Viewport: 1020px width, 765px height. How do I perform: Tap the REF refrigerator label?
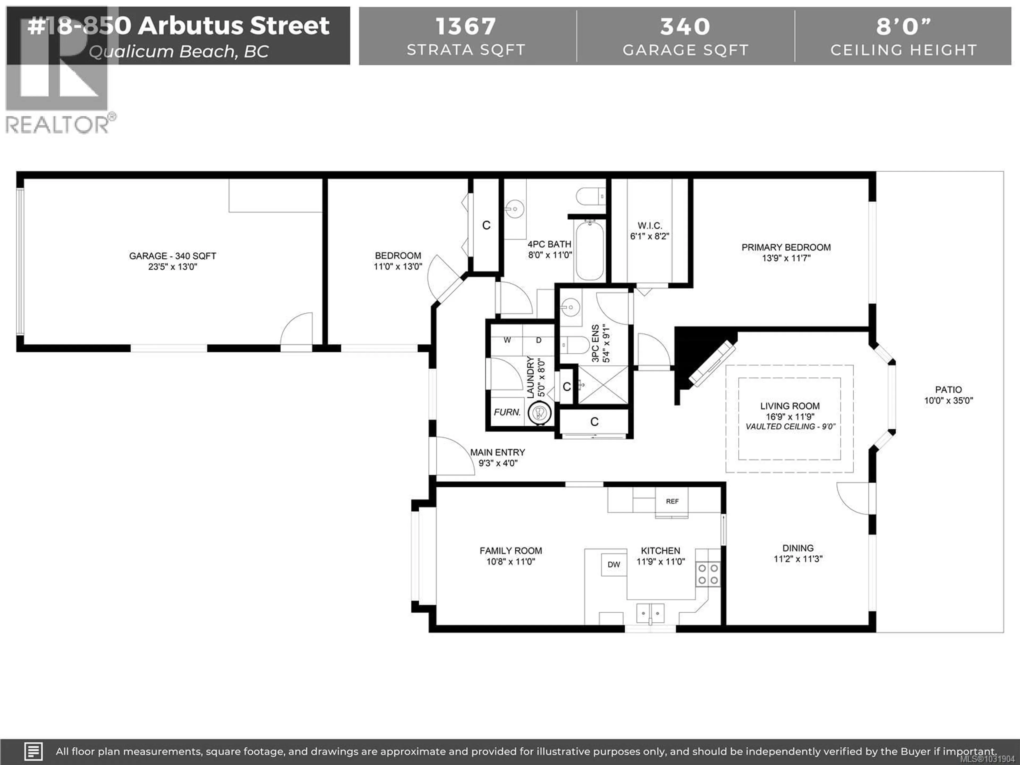[x=672, y=501]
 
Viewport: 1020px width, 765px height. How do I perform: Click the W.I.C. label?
[x=650, y=226]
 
